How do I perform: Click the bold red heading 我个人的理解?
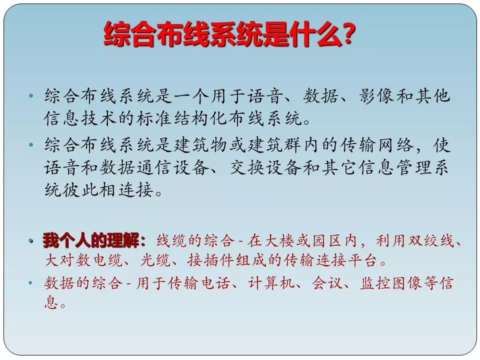91,240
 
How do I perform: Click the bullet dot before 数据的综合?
30,282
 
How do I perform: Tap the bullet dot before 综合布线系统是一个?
30,96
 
